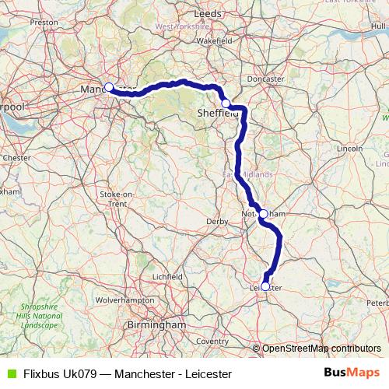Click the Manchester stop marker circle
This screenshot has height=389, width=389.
pyautogui.click(x=109, y=87)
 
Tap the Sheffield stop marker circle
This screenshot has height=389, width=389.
pyautogui.click(x=226, y=103)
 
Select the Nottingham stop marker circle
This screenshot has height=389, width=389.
pyautogui.click(x=263, y=213)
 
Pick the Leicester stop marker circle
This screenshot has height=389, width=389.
pyautogui.click(x=265, y=286)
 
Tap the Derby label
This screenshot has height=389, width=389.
pyautogui.click(x=217, y=222)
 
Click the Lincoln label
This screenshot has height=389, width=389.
pyautogui.click(x=351, y=147)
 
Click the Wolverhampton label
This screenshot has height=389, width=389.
pyautogui.click(x=123, y=299)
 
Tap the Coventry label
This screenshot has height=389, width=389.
pyautogui.click(x=212, y=342)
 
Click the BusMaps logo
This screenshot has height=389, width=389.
pyautogui.click(x=352, y=373)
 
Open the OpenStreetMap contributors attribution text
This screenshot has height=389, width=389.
pyautogui.click(x=321, y=349)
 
